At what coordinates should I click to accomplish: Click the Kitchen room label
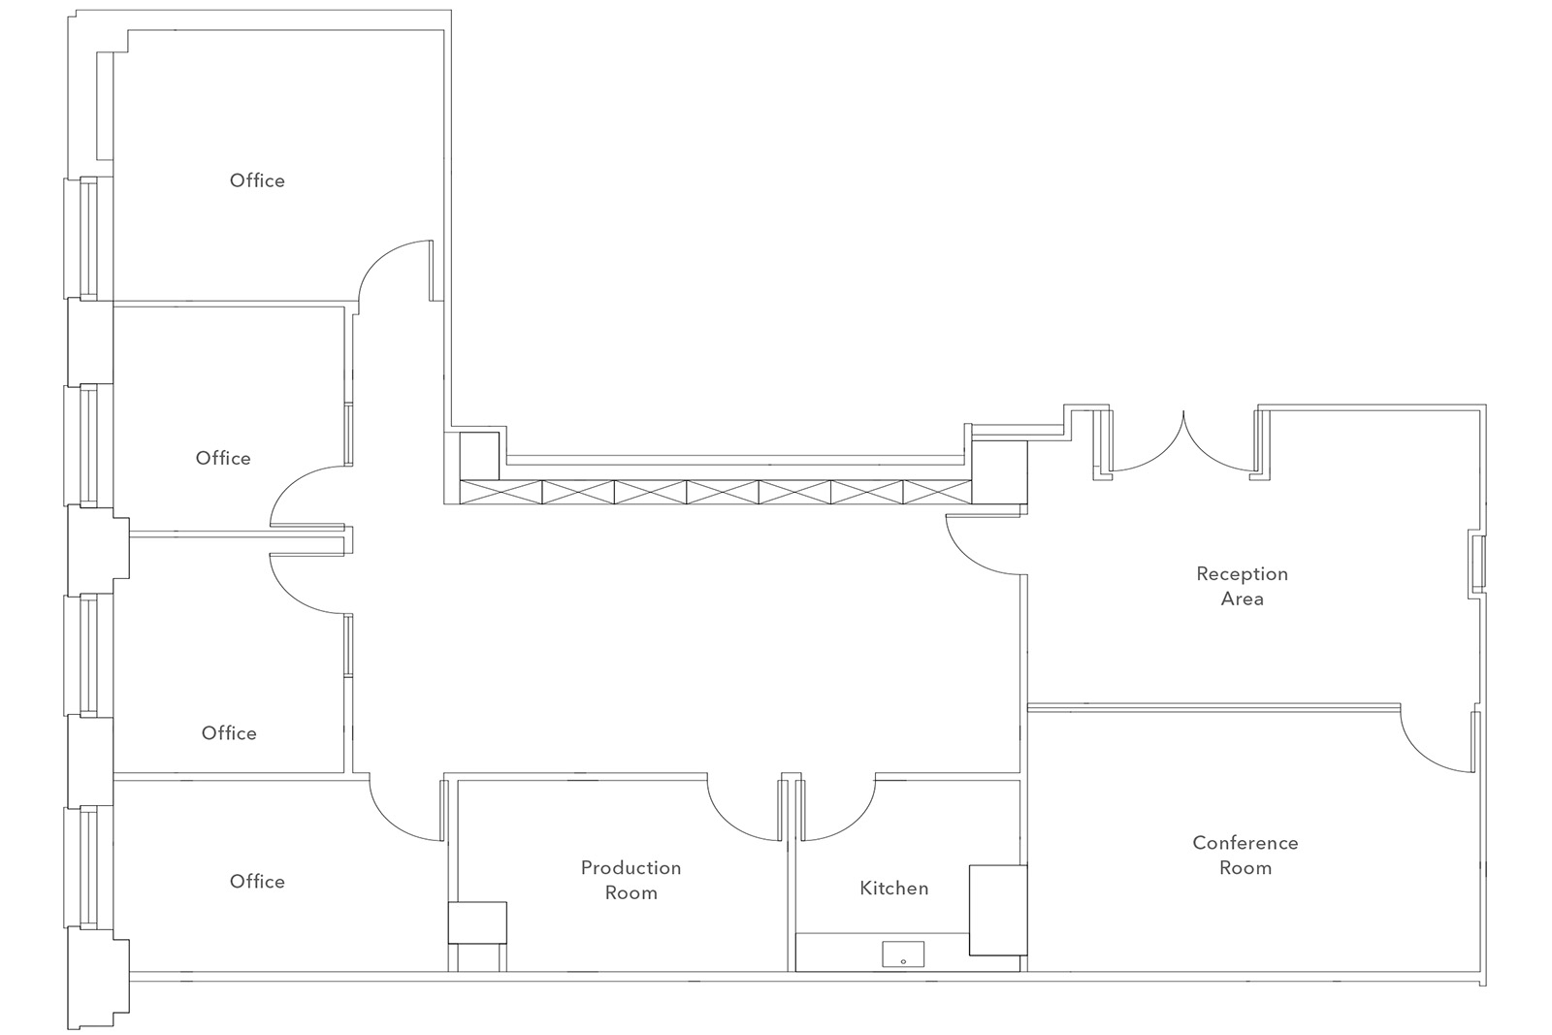point(893,889)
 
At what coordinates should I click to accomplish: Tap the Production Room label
point(630,880)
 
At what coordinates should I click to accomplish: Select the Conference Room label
point(1245,855)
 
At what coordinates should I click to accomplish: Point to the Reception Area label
point(1242,586)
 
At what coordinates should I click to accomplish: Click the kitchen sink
point(903,954)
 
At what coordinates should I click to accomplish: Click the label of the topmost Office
point(257,180)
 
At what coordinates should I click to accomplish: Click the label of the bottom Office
point(257,881)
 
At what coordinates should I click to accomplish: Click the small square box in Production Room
point(476,922)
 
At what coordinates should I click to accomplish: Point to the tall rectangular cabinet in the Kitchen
point(998,910)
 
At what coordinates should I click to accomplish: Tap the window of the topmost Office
point(88,238)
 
